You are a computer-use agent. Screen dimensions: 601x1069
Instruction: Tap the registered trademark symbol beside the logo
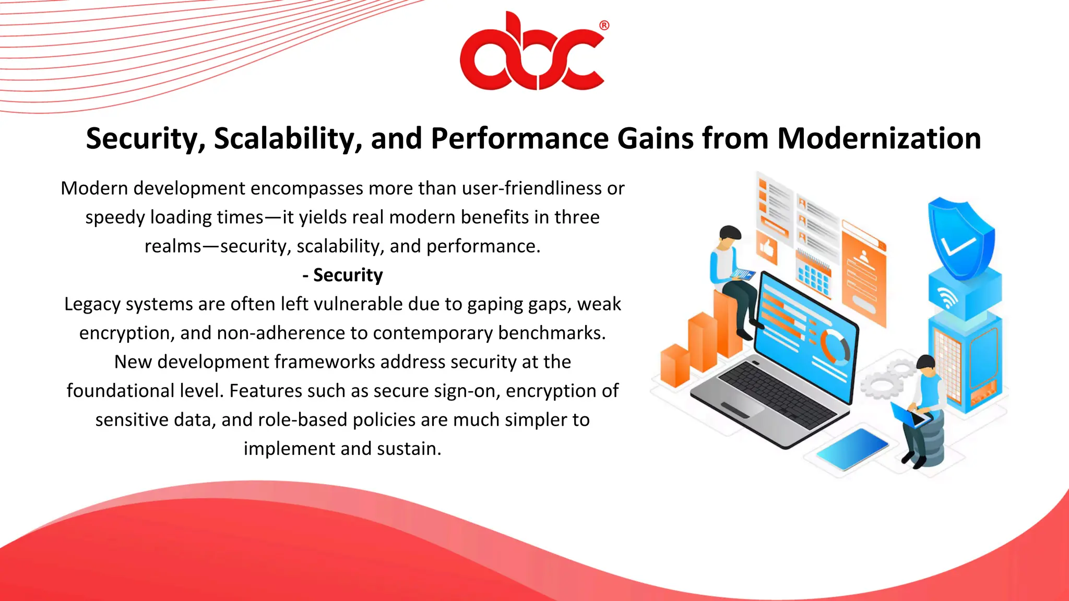pos(604,26)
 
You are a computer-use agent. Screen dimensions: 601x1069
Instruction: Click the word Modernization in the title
pos(878,139)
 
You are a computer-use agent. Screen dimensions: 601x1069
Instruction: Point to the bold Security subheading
pos(343,275)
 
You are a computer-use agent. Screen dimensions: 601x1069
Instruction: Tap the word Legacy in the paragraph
pos(92,304)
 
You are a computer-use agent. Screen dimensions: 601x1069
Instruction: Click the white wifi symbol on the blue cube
pos(947,298)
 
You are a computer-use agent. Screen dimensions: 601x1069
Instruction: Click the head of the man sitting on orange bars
pos(729,237)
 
